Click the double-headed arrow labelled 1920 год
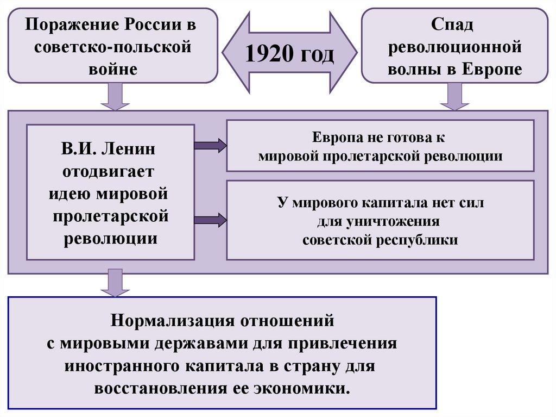(x=289, y=53)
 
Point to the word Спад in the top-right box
(x=453, y=24)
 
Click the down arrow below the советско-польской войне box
(x=115, y=96)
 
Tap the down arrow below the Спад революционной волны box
(x=454, y=96)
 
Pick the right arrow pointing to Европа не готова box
(x=210, y=145)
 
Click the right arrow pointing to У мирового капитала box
(x=210, y=220)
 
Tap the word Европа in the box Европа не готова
(x=337, y=138)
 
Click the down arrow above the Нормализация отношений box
(x=115, y=282)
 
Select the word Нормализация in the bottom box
(x=171, y=320)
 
